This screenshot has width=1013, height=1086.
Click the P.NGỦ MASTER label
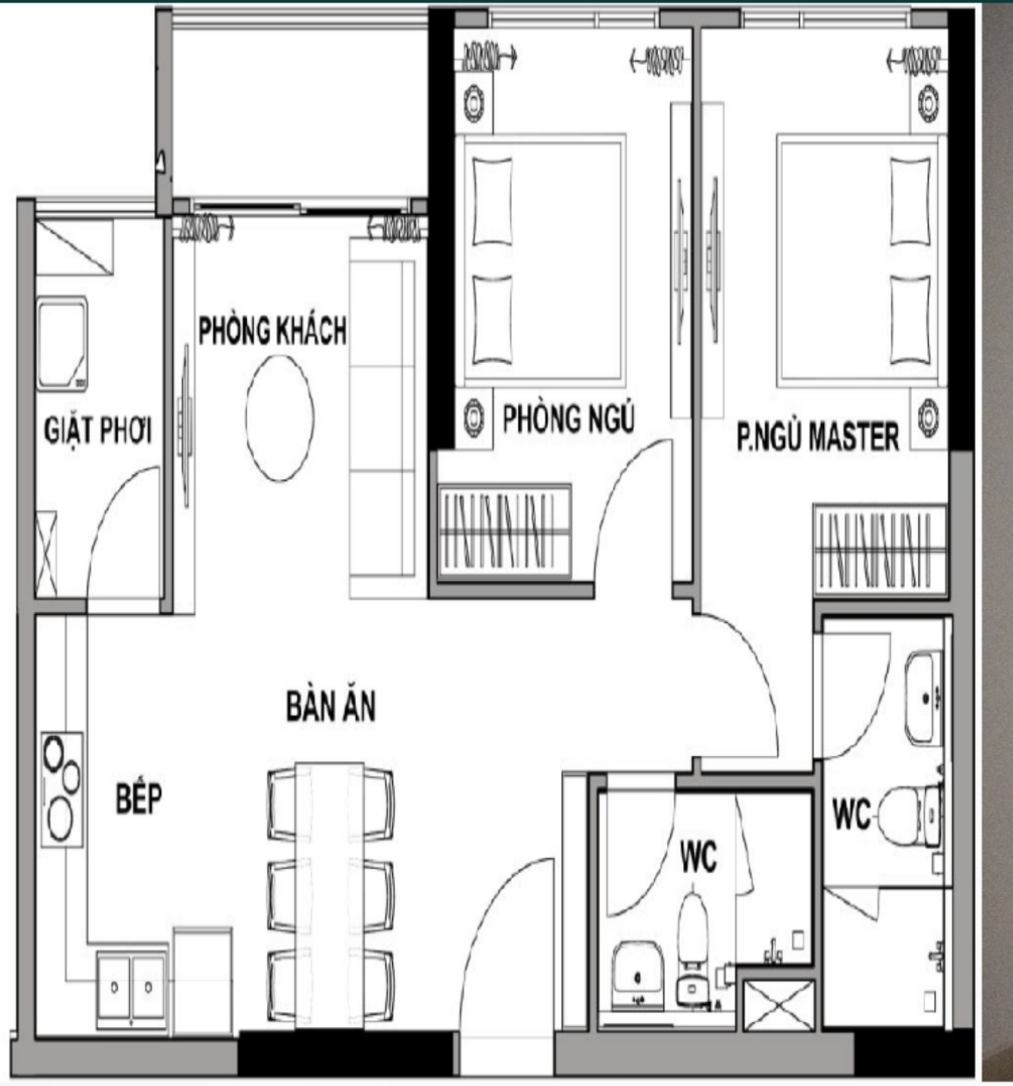click(818, 436)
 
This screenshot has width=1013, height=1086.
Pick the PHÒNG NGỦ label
click(569, 418)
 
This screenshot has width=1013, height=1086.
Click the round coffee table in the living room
click(280, 418)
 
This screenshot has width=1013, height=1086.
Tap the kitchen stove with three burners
click(62, 790)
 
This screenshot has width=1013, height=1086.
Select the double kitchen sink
click(132, 986)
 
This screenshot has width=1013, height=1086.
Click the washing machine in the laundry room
click(62, 343)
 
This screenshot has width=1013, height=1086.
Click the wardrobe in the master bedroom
click(880, 549)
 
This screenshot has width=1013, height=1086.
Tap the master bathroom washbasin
click(923, 699)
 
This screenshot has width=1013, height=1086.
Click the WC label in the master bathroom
click(852, 815)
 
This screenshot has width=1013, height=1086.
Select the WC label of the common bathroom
click(699, 857)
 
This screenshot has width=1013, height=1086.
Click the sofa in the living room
click(383, 418)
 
